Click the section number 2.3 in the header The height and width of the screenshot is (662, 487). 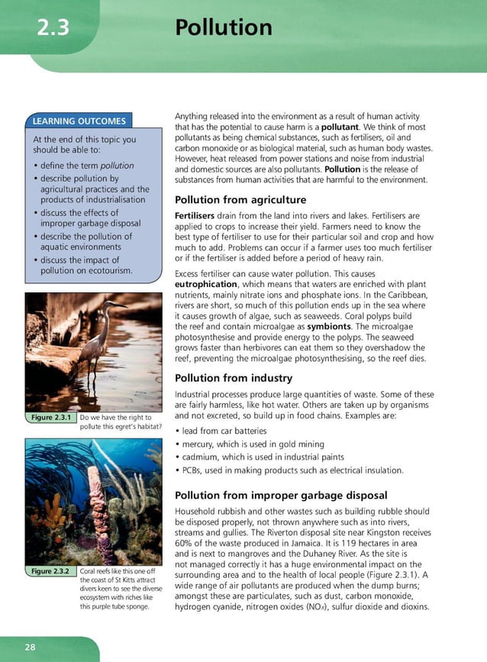pos(53,29)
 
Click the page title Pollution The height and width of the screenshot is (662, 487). pos(223,27)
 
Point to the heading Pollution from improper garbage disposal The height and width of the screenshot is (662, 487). pos(281,495)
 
